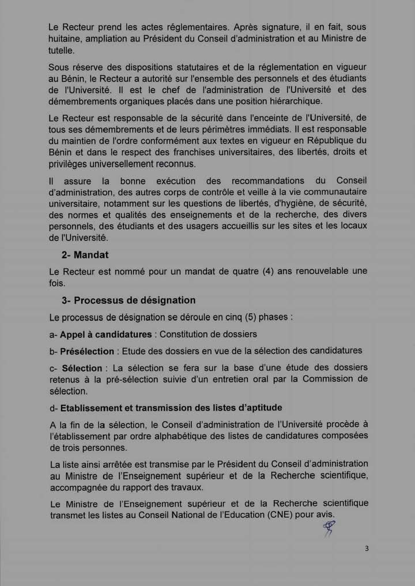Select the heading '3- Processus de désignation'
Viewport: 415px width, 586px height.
coord(129,300)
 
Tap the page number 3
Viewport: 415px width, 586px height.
coord(367,549)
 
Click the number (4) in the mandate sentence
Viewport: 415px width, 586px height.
coord(268,271)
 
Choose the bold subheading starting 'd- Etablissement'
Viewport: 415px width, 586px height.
coord(170,408)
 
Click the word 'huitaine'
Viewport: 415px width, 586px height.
coord(66,39)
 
